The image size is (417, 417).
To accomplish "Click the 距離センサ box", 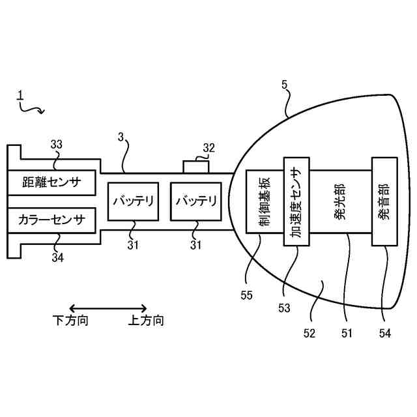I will pos(51,182).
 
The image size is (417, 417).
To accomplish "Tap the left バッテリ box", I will pos(134,201).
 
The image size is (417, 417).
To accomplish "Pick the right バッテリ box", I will pos(196,201).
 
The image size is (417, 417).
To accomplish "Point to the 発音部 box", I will pos(384,201).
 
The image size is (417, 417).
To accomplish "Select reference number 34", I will pos(58,257).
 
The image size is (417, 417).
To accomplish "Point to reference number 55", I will pos(246,295).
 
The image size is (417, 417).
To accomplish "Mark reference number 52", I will pos(309,333).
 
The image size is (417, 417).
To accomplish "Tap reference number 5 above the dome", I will pos(284,85).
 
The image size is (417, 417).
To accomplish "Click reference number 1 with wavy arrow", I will pos(20,96).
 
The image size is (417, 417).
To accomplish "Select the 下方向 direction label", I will pos(70,321).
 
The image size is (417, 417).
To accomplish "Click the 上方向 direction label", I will pos(146,321).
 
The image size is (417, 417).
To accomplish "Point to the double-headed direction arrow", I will pos(108,308).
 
